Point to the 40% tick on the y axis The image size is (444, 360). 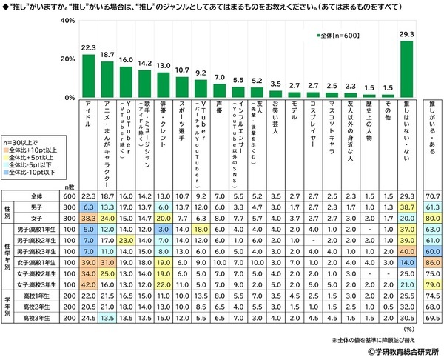pyautogui.click(x=66, y=21)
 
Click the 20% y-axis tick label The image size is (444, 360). pyautogui.click(x=66, y=59)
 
